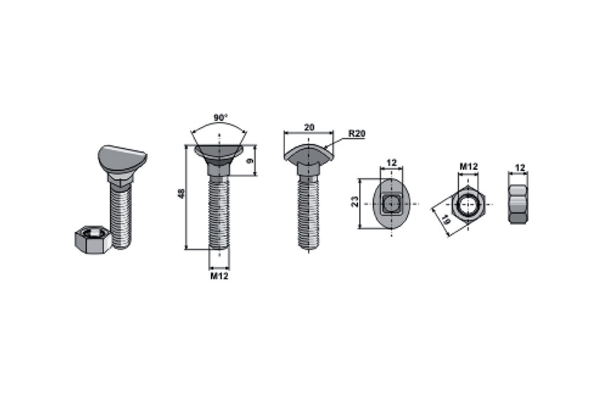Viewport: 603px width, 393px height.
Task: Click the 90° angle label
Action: coord(221,117)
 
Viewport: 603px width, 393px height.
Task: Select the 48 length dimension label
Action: coord(183,193)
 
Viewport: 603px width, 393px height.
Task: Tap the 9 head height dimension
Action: coord(249,160)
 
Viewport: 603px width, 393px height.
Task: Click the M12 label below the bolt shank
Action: coord(219,276)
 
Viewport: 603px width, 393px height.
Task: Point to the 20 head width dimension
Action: coord(309,127)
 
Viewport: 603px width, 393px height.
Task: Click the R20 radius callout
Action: coord(357,134)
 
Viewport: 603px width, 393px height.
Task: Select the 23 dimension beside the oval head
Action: coord(355,202)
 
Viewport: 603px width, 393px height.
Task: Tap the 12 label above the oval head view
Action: coord(391,163)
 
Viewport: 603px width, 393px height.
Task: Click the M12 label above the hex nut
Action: coord(468,166)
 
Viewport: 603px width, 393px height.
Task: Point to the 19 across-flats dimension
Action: coord(445,220)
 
